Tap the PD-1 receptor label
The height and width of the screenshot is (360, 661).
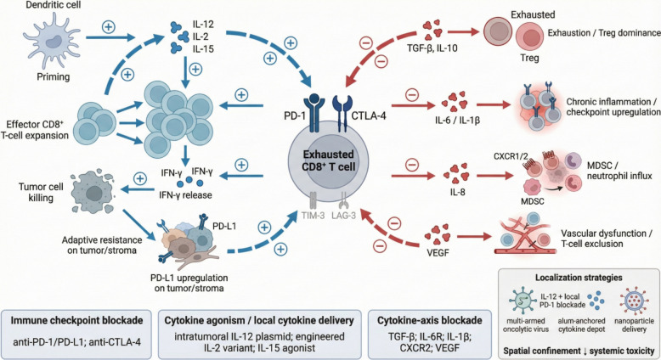(294, 115)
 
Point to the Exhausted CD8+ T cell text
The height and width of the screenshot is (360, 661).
(329, 160)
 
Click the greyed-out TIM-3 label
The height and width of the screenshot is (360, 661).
(313, 216)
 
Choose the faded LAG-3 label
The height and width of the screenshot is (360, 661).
(343, 216)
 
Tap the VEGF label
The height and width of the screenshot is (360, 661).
(438, 253)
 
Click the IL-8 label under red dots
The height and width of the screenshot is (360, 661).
(457, 193)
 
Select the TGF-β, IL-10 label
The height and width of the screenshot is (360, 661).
(432, 48)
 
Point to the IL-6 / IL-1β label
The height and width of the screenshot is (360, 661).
(457, 121)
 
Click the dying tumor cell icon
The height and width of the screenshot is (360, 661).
(93, 192)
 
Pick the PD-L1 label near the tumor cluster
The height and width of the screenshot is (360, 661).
(224, 226)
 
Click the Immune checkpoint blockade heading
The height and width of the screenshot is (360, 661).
(76, 320)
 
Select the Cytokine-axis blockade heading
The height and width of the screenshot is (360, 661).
(430, 320)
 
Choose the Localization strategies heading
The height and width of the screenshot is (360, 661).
(579, 278)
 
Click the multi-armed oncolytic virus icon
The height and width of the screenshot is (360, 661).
(523, 300)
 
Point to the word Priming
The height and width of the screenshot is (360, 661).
(54, 76)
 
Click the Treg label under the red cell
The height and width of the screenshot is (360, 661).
(529, 57)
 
